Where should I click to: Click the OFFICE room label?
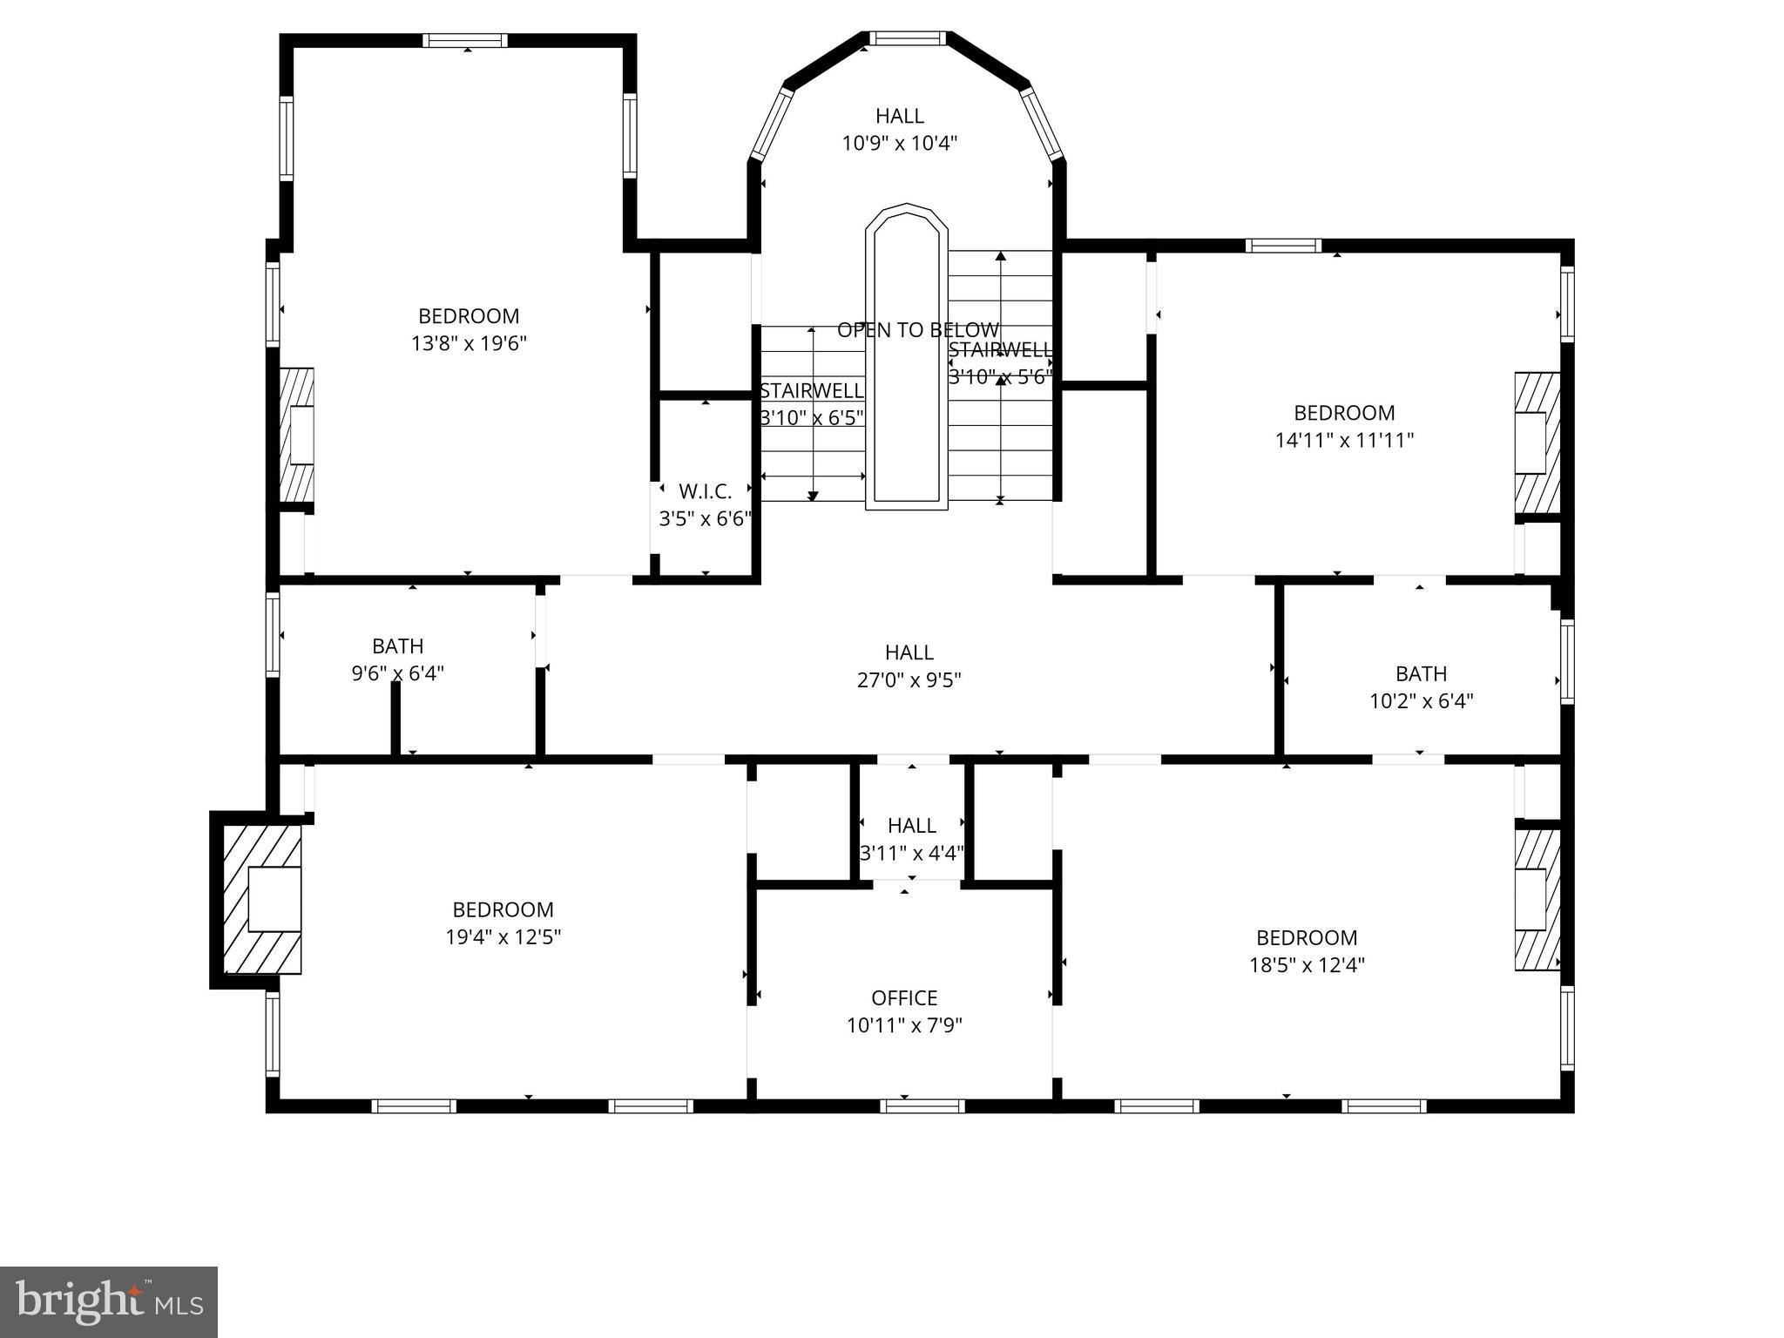(904, 997)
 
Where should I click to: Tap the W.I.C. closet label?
(705, 491)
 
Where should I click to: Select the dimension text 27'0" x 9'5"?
(909, 680)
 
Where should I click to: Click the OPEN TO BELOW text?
(917, 330)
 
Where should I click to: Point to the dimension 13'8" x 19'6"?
(469, 343)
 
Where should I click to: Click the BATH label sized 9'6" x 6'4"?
(397, 646)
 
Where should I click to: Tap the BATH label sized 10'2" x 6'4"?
(1421, 673)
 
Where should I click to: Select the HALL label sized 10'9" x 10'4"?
(899, 116)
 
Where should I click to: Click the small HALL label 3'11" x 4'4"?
(911, 825)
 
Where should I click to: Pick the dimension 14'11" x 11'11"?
(1343, 441)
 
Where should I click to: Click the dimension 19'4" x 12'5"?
(503, 937)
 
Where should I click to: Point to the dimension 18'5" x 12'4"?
(1306, 965)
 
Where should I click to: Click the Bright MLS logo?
(108, 1301)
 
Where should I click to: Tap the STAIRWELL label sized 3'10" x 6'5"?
(811, 391)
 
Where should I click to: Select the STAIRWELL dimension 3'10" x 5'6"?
(1000, 377)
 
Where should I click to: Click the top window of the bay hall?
(907, 38)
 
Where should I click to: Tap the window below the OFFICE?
(922, 1106)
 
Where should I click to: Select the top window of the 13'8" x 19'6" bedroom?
(465, 40)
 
